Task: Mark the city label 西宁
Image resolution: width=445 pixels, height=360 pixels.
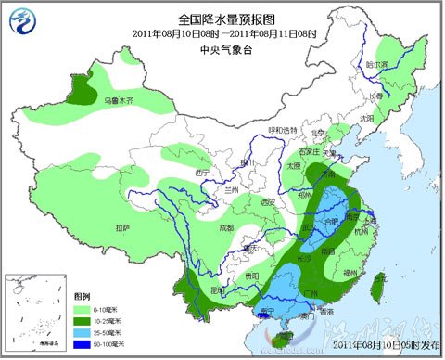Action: tap(202, 173)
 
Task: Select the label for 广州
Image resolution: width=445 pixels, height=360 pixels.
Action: tap(311, 294)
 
